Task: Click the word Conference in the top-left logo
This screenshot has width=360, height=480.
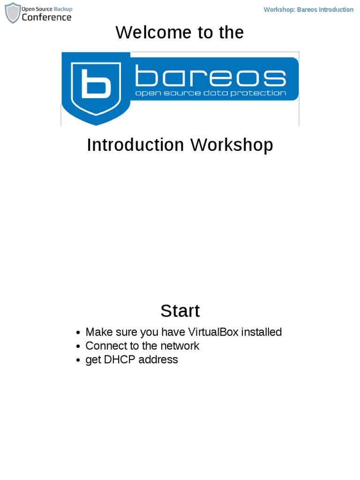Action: coord(47,17)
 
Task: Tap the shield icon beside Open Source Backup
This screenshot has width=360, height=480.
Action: coord(13,13)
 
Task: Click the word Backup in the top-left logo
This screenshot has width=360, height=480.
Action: coord(63,9)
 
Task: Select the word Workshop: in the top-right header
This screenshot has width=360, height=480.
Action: coord(279,10)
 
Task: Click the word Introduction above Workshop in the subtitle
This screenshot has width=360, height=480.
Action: coord(135,145)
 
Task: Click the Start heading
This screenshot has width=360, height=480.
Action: coord(180,311)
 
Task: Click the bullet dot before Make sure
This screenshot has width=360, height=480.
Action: coord(79,333)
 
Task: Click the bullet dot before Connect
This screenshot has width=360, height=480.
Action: coord(79,347)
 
